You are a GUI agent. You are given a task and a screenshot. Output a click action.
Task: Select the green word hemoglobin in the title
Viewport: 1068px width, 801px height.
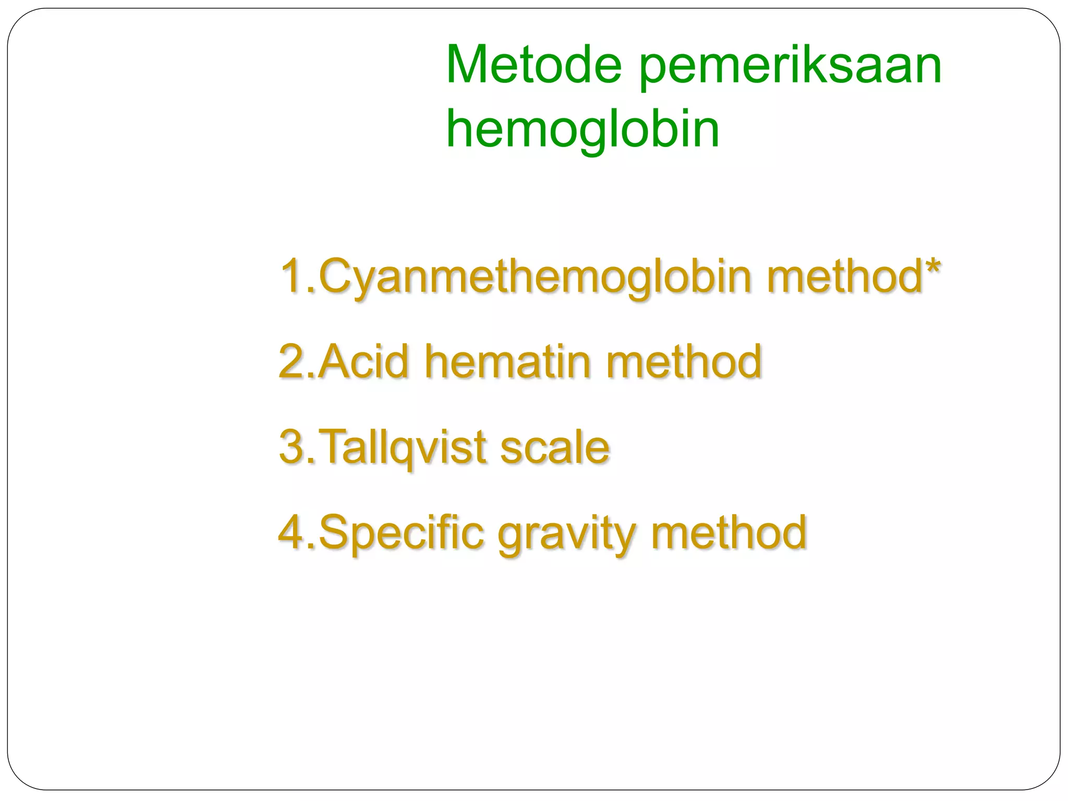tap(582, 130)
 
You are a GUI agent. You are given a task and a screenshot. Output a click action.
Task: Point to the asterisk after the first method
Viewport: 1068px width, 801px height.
tap(932, 268)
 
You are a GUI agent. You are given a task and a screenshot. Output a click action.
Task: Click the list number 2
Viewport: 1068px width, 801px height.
tap(292, 361)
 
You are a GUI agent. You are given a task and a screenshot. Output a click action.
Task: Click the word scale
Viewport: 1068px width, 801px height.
tap(555, 447)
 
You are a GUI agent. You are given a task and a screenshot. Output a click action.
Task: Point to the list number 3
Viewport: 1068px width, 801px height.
tap(292, 446)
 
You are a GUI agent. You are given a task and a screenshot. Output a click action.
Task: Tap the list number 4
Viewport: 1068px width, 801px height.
tap(292, 532)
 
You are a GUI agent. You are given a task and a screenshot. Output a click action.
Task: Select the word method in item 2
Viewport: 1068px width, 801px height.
tap(684, 361)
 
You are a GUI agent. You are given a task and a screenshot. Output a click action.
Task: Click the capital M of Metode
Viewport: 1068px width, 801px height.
tap(468, 65)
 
